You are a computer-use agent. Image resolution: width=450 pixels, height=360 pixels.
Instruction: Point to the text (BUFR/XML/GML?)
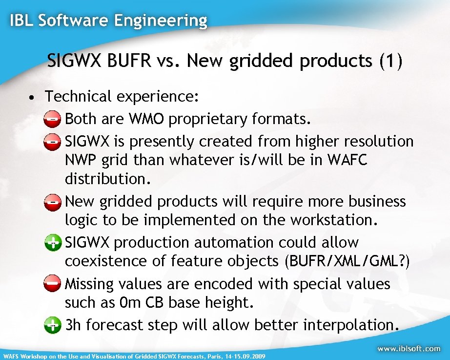347,261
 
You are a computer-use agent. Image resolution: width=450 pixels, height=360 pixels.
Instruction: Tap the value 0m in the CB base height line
130,303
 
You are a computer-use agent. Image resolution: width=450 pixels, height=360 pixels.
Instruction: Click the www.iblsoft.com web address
409,349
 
